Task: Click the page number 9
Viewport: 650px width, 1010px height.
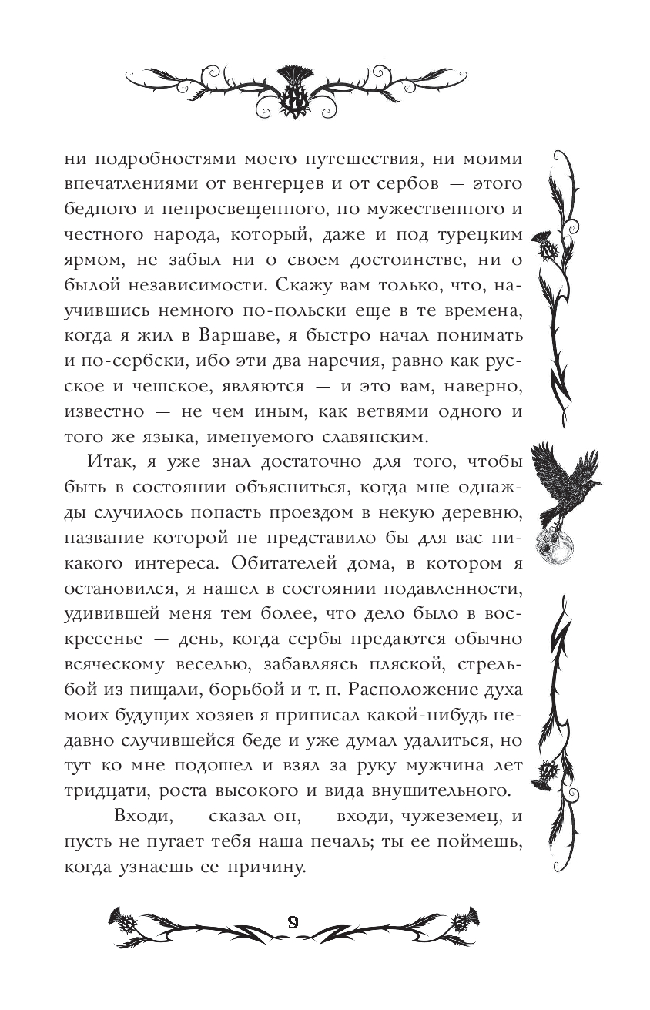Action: (x=293, y=922)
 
